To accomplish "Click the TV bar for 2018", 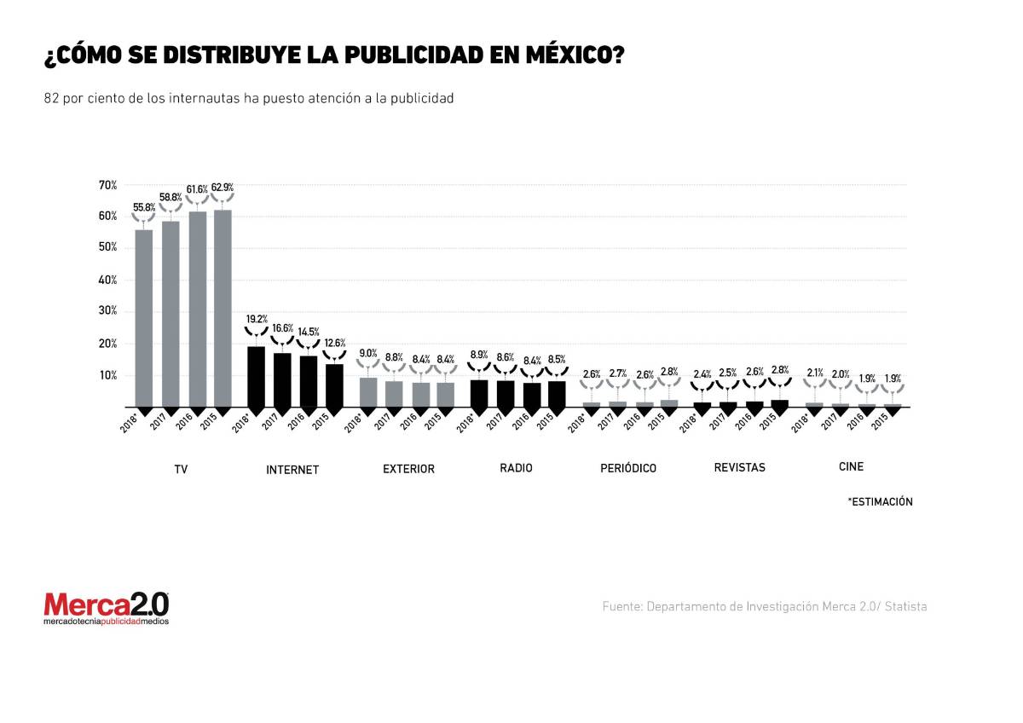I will click(x=144, y=317).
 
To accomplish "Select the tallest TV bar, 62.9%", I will click(x=223, y=307).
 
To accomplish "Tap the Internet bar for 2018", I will click(x=256, y=376).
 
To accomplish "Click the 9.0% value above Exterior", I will click(x=368, y=353).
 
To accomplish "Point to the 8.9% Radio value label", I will click(x=480, y=355).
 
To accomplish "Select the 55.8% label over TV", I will click(x=144, y=206).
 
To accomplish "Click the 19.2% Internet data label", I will click(x=257, y=318).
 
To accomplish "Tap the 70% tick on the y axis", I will click(x=107, y=185).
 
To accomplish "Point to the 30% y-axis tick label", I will click(x=107, y=311).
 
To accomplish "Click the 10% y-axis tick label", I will click(x=107, y=375).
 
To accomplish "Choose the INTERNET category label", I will click(x=292, y=470).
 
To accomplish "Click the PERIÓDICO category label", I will click(x=627, y=469).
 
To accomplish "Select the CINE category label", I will click(x=851, y=467).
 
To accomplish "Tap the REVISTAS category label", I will click(x=739, y=467).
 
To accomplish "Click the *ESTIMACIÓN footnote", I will click(x=880, y=502).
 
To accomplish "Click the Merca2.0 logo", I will click(x=107, y=608).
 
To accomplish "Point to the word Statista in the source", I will click(x=905, y=607).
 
